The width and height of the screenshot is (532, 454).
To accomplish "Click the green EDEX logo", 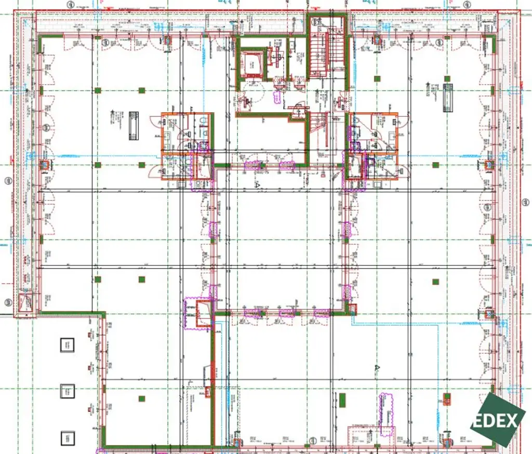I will click(498, 419).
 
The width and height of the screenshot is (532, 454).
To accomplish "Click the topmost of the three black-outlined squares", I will click(67, 345).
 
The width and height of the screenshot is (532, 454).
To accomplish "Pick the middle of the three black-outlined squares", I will click(67, 391).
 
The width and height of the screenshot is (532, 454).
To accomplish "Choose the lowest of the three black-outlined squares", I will click(67, 438).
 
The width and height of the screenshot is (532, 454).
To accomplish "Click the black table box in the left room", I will click(134, 125).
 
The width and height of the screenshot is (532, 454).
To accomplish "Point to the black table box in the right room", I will click(448, 98).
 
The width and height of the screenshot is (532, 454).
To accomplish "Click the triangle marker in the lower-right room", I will click(377, 368).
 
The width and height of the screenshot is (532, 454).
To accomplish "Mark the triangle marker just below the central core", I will click(257, 184).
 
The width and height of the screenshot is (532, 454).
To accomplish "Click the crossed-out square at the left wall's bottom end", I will click(25, 302).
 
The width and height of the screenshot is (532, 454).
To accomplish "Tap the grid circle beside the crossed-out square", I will click(7, 302).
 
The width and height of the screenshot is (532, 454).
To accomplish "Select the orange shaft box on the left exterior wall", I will click(45, 165).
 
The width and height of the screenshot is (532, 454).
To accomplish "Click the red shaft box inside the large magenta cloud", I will click(203, 313).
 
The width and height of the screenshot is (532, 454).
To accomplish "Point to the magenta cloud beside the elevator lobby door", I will click(278, 96).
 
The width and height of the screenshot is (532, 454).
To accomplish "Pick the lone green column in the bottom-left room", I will click(141, 398).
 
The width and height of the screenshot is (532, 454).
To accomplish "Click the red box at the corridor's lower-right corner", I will click(353, 309).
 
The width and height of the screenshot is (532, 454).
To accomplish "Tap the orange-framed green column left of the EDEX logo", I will click(446, 398).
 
